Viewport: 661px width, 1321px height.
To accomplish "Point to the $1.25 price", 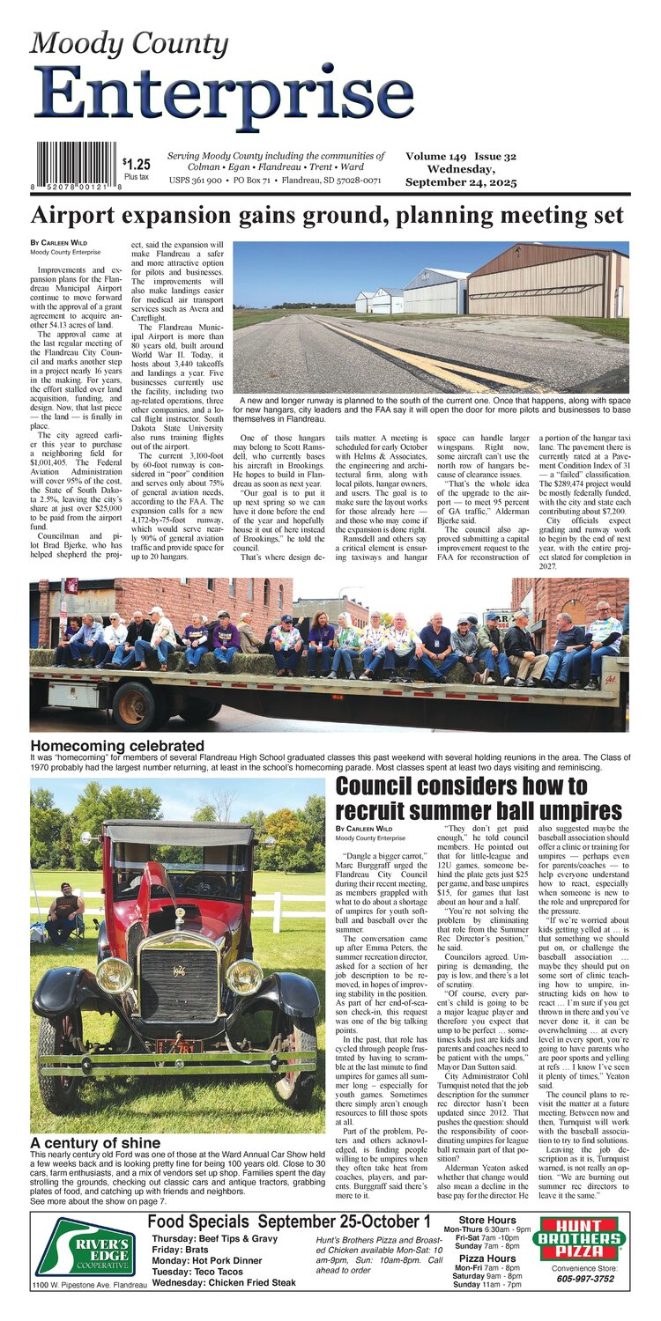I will click(136, 164).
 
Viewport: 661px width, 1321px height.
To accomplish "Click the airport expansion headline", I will click(327, 217).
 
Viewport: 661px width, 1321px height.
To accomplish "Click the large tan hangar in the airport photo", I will click(546, 282).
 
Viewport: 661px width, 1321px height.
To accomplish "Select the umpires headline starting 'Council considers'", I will click(479, 797).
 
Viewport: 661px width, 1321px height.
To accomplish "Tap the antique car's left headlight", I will click(115, 975).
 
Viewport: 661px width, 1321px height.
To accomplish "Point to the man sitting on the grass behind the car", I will click(65, 915).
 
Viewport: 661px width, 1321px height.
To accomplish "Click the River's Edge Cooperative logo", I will click(85, 1247).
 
